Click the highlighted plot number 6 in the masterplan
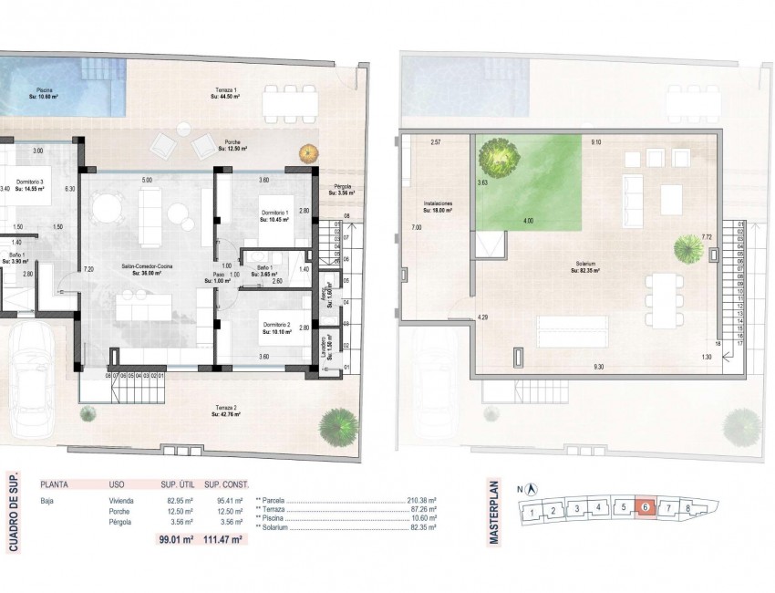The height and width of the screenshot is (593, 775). (646, 508)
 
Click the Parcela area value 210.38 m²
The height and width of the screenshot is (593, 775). (421, 500)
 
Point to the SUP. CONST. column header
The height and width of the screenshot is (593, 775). (226, 484)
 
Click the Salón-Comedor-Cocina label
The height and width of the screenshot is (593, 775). (147, 268)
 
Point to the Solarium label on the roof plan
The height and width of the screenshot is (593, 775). (587, 266)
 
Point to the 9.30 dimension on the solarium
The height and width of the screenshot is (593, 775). (598, 367)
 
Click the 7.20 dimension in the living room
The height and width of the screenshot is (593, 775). (88, 269)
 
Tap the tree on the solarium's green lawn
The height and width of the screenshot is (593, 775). (501, 156)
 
